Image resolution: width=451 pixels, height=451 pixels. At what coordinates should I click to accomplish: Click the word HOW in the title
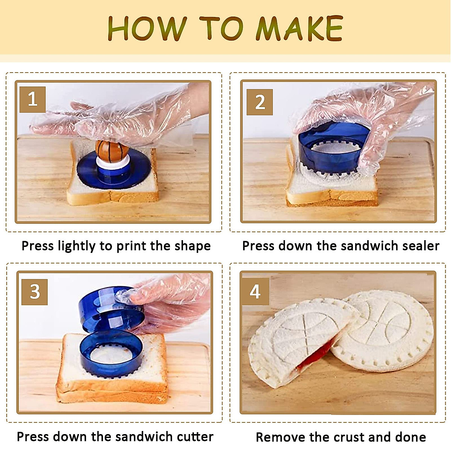tap(147, 29)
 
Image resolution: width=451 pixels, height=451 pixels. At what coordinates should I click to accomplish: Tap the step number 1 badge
tap(32, 100)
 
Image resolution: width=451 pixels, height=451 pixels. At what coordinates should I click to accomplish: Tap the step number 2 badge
tap(260, 102)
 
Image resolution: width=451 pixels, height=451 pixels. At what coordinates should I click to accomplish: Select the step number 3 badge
tap(35, 292)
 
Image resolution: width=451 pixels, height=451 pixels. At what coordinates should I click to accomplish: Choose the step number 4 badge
tap(255, 292)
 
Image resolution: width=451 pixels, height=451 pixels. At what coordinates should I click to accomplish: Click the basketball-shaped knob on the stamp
tap(112, 150)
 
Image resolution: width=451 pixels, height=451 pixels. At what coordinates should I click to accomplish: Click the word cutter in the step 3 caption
tap(195, 437)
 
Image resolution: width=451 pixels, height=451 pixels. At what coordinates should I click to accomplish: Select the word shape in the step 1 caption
tap(193, 246)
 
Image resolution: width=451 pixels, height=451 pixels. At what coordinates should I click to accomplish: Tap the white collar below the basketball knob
tap(113, 163)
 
